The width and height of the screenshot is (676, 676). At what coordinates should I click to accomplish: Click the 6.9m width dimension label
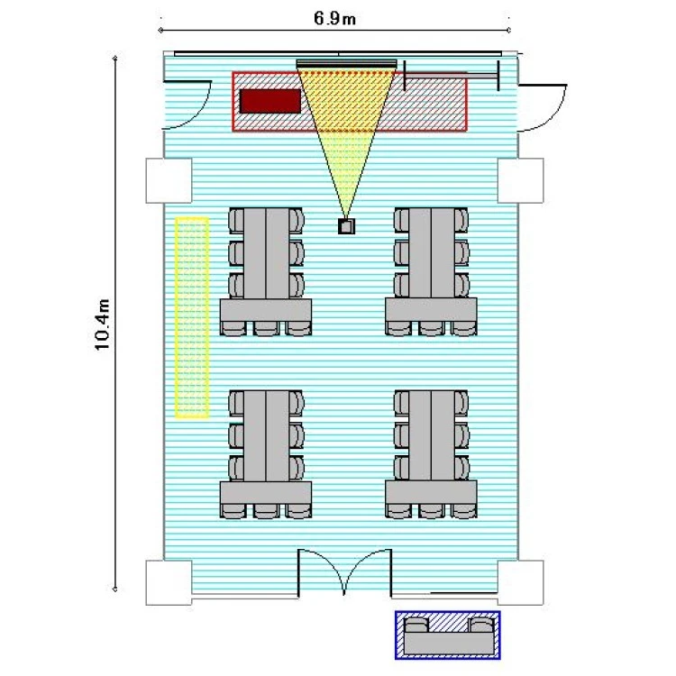pyautogui.click(x=334, y=19)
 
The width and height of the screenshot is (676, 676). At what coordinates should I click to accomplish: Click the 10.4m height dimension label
pyautogui.click(x=103, y=324)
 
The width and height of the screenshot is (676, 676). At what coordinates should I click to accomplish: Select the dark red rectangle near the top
pyautogui.click(x=269, y=101)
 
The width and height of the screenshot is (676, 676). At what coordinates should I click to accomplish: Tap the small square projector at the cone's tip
pyautogui.click(x=346, y=226)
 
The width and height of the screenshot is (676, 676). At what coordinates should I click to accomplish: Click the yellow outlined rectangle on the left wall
pyautogui.click(x=192, y=318)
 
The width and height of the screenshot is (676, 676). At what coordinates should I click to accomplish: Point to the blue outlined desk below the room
pyautogui.click(x=448, y=635)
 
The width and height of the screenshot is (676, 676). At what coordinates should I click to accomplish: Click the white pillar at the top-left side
pyautogui.click(x=169, y=180)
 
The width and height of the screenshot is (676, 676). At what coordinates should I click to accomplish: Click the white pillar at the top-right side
pyautogui.click(x=520, y=180)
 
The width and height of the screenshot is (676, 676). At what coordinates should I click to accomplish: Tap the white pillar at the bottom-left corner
pyautogui.click(x=169, y=582)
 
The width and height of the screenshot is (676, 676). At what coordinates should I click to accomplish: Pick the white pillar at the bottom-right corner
pyautogui.click(x=520, y=582)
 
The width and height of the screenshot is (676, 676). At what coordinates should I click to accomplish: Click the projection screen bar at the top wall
pyautogui.click(x=347, y=64)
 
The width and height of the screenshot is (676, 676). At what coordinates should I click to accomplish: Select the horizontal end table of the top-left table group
pyautogui.click(x=266, y=309)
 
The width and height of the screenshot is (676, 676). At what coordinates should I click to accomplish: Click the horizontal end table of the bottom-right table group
pyautogui.click(x=431, y=493)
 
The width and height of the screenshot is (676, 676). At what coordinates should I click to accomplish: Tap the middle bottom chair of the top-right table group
pyautogui.click(x=431, y=328)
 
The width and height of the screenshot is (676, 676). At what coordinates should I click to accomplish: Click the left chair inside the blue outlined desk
pyautogui.click(x=416, y=625)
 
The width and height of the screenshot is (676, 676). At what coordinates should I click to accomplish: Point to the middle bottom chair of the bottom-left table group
pyautogui.click(x=266, y=511)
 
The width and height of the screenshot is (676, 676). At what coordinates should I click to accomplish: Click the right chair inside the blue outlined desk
pyautogui.click(x=481, y=625)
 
